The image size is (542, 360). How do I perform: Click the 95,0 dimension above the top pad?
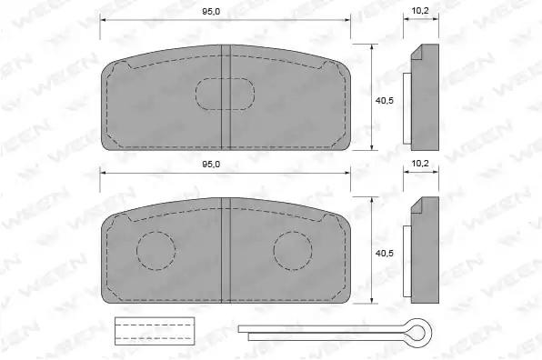pyautogui.click(x=211, y=12)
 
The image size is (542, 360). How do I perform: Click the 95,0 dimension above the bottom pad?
pyautogui.click(x=211, y=165)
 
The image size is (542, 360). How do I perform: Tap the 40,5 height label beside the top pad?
pyautogui.click(x=385, y=101)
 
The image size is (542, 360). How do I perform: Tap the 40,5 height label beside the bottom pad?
pyautogui.click(x=385, y=254)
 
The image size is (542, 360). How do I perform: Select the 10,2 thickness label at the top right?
pyautogui.click(x=420, y=11)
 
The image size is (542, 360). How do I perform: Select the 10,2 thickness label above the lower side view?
pyautogui.click(x=420, y=163)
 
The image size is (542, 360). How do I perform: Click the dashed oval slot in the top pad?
pyautogui.click(x=225, y=78)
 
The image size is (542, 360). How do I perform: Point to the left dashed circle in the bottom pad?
pyautogui.click(x=156, y=232)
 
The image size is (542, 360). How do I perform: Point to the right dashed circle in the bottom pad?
pyautogui.click(x=293, y=232)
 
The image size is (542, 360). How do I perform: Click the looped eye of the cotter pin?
pyautogui.click(x=431, y=330)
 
